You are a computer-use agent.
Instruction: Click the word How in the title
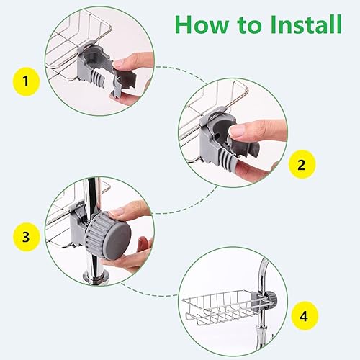point(202,24)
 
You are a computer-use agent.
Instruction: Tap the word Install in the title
point(306,24)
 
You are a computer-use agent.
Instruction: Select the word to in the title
point(249,25)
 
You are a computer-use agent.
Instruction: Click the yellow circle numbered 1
point(26,81)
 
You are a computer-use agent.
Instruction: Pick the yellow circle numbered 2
point(302,164)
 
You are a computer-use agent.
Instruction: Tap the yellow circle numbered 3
point(26,237)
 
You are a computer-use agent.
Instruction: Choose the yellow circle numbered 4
point(305,316)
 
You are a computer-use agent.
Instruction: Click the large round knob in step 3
point(109,236)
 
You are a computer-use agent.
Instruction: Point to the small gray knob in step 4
point(271,299)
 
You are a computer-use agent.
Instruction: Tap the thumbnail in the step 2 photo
point(235,132)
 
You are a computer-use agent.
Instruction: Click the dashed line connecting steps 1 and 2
point(181,71)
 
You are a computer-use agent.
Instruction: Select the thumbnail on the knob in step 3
point(116,212)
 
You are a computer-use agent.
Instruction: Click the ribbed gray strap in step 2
point(228,159)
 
